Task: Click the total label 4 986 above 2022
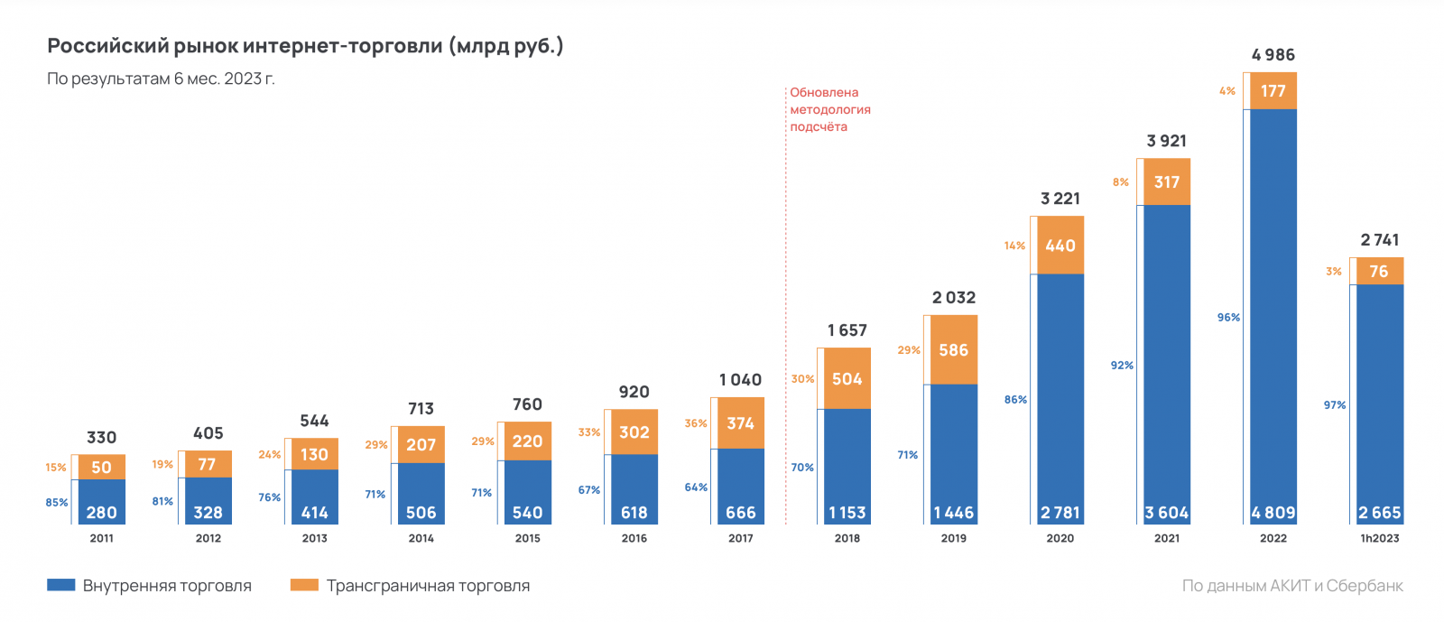click(1273, 55)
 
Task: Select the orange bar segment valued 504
click(847, 378)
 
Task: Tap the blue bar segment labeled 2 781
click(1060, 397)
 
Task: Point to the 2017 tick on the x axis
click(741, 538)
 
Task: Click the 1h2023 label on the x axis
click(1380, 538)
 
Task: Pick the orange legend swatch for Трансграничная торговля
click(304, 585)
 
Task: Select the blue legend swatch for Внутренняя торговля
click(60, 585)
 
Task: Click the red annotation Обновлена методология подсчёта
click(829, 109)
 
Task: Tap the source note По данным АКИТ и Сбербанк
click(1292, 586)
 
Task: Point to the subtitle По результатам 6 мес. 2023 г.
click(161, 79)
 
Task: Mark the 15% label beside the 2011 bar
click(56, 468)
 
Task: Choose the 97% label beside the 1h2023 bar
click(1335, 405)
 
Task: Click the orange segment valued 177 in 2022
click(1273, 91)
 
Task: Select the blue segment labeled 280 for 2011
click(102, 501)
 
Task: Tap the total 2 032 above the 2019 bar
click(954, 298)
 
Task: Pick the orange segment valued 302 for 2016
click(634, 432)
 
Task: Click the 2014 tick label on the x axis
click(421, 538)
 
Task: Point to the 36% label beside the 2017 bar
click(696, 423)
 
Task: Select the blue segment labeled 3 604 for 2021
click(1167, 361)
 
